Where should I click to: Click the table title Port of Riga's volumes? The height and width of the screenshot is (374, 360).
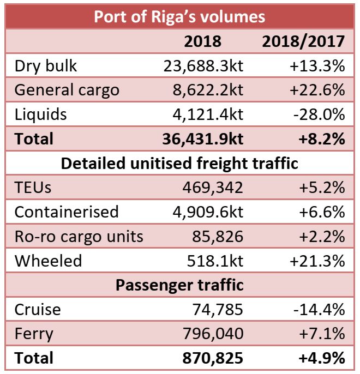coord(179,16)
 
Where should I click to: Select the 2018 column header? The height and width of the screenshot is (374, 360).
coord(202,41)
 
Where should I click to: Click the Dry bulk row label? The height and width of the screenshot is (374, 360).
coord(46,65)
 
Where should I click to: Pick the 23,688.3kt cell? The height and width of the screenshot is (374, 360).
coord(203,65)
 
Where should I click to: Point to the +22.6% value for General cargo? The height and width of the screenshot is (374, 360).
coord(318,89)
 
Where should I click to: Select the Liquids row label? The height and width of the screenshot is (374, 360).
coord(41,114)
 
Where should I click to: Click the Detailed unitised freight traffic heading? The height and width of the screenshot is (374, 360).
coord(179,163)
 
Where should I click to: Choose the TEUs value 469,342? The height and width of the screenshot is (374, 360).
coord(213,188)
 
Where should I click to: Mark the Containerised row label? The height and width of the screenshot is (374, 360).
coord(66,212)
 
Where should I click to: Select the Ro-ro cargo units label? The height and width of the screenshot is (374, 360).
coord(79,236)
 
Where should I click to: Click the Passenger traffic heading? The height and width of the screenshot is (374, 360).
coord(179,285)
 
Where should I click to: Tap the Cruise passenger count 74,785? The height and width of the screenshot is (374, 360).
coord(218,309)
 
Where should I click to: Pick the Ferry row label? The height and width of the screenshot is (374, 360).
coord(34,334)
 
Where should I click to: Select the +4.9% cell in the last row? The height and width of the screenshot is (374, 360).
coord(321,358)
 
